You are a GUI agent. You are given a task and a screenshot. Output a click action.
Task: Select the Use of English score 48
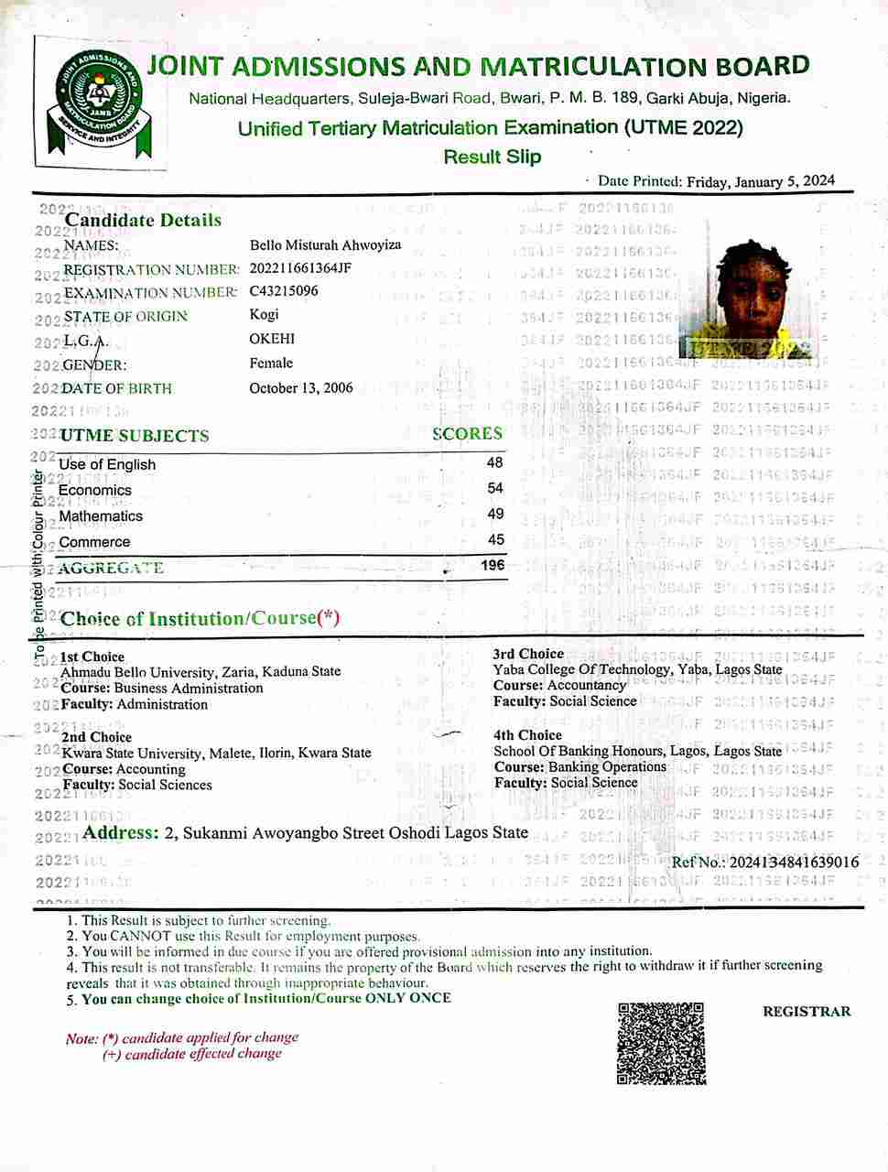click(x=495, y=463)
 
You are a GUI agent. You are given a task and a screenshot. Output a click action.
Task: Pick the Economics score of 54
click(x=495, y=489)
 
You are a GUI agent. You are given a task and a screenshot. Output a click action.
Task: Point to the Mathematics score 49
click(x=495, y=515)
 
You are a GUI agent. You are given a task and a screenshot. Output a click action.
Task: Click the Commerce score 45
click(x=495, y=540)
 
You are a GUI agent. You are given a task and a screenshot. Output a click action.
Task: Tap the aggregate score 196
click(x=493, y=565)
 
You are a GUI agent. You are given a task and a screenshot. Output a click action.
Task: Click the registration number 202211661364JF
click(x=300, y=268)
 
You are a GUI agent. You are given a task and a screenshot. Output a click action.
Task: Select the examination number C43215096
click(x=284, y=291)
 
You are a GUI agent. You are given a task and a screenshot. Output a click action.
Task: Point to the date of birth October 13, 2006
click(x=300, y=388)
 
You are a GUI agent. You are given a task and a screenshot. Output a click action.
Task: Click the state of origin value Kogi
click(x=265, y=315)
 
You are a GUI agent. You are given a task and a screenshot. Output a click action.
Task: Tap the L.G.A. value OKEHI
click(x=272, y=339)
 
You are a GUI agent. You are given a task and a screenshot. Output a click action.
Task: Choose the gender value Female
click(x=271, y=363)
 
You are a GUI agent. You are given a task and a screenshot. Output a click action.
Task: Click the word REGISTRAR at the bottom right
click(x=807, y=1012)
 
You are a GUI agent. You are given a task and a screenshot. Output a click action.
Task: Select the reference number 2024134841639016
click(x=790, y=862)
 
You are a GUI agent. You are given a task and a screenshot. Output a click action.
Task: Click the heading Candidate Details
click(x=143, y=220)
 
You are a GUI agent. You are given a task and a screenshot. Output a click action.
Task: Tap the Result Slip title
click(x=493, y=157)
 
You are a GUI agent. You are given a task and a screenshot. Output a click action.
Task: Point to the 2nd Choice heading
click(x=97, y=737)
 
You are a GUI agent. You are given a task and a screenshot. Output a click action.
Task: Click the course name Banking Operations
click(x=607, y=766)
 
